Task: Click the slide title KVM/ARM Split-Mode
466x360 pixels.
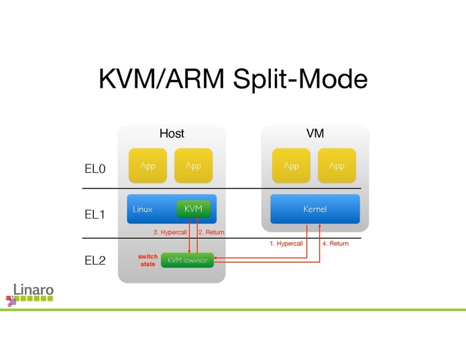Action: point(233,78)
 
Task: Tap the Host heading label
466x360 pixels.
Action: point(172,134)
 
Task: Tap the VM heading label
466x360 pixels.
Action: point(314,134)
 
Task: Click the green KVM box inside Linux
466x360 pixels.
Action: point(193,209)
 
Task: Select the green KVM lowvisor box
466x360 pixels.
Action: point(187,260)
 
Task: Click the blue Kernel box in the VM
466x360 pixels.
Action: point(314,209)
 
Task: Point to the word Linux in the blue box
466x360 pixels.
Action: point(142,209)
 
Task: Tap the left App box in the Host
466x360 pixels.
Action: point(148,166)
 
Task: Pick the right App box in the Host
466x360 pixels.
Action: point(193,166)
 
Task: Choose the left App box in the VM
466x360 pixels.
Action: point(291,166)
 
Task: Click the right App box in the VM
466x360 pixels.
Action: point(337,166)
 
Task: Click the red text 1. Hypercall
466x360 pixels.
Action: point(286,243)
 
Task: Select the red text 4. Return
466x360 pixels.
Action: point(335,243)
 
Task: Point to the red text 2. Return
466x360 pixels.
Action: point(211,232)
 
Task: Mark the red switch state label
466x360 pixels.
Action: point(148,260)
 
